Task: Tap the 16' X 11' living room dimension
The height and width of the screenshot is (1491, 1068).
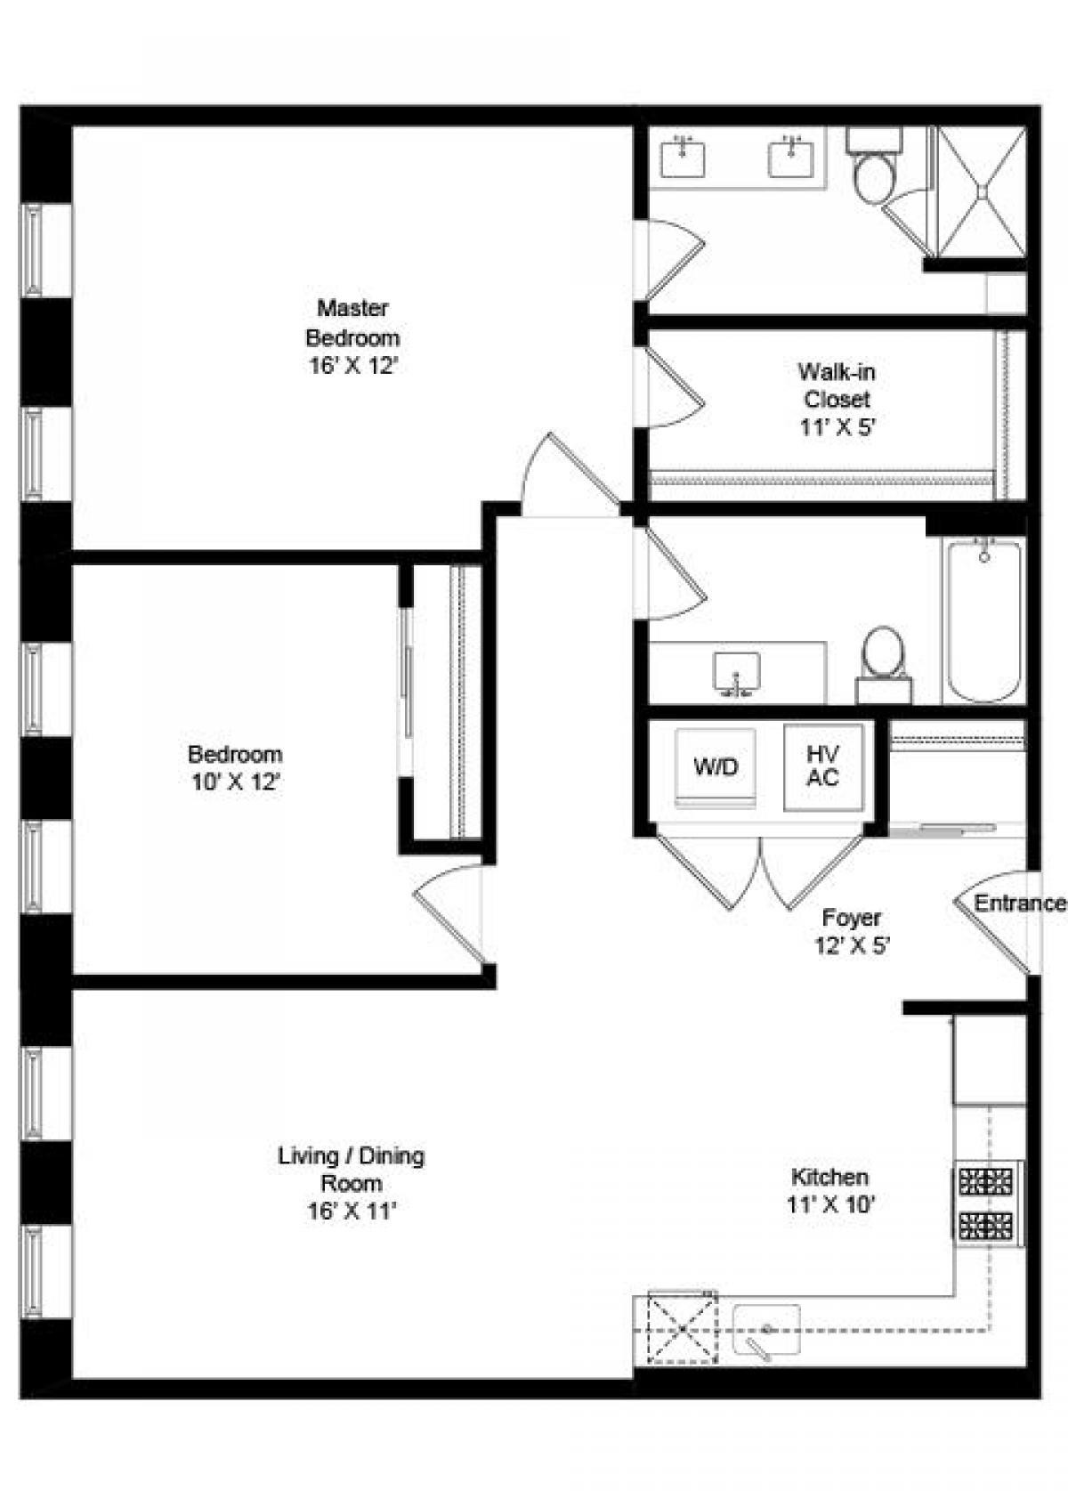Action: pos(352,1211)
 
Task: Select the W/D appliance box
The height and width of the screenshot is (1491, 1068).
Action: pos(716,767)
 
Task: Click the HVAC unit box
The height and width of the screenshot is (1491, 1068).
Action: pos(823,767)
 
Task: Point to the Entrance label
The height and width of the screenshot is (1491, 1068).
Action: pos(1019,904)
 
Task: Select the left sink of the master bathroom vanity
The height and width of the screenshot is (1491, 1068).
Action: pos(683,158)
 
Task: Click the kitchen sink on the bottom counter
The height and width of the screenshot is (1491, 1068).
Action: pos(765,1330)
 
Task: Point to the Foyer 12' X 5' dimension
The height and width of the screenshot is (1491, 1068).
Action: pos(853,945)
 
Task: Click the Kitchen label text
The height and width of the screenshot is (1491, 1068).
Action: pos(829,1177)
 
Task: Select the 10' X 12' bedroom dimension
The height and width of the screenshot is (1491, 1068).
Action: pos(236,782)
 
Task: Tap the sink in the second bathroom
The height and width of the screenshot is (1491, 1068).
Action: pos(737,673)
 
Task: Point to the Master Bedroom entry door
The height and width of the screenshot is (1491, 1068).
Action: pos(570,476)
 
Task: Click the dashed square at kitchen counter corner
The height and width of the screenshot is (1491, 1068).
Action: pos(682,1329)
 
